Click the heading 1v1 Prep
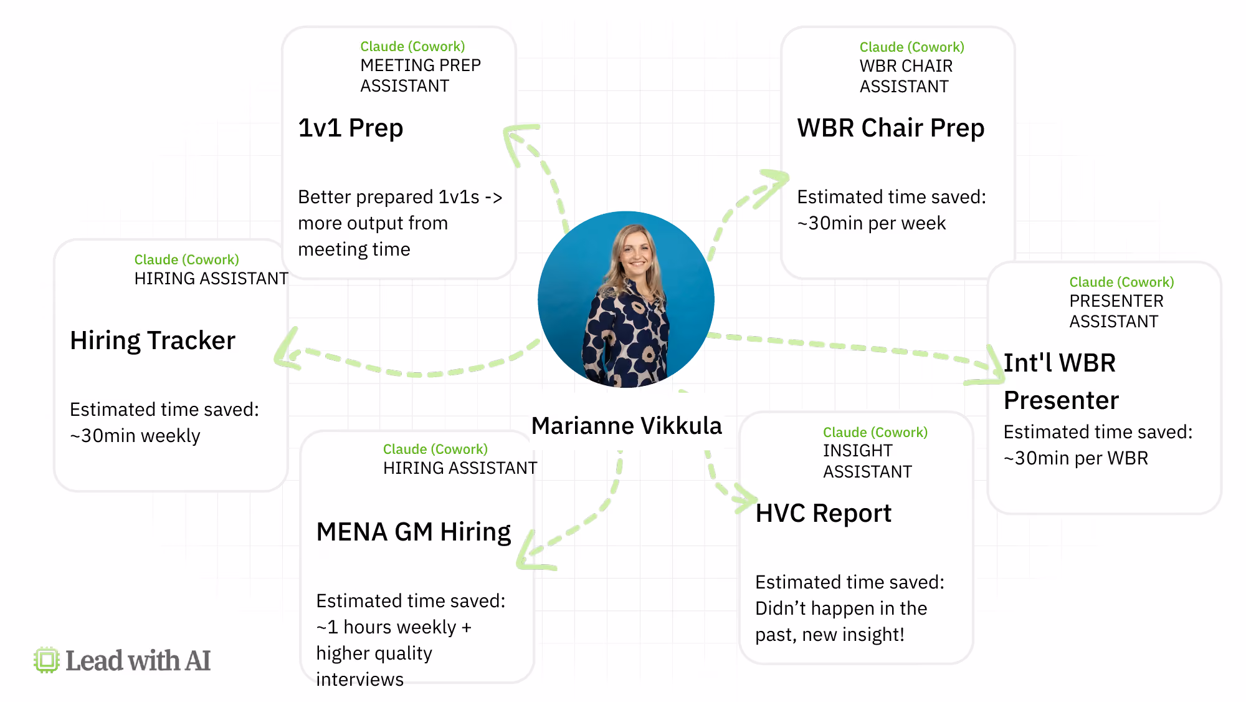(351, 128)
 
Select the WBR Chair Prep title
(891, 128)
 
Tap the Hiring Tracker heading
(153, 341)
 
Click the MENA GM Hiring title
(414, 532)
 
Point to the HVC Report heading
(824, 514)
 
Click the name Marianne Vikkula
(627, 426)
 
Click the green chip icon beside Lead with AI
(47, 660)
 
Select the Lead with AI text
(138, 661)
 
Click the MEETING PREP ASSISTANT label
(421, 75)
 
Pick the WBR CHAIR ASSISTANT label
(906, 76)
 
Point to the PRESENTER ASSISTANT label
(1116, 311)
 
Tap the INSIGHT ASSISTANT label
(867, 461)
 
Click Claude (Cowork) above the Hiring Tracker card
(187, 260)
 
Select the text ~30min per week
(872, 223)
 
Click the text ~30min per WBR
(1076, 458)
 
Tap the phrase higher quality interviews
(374, 666)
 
